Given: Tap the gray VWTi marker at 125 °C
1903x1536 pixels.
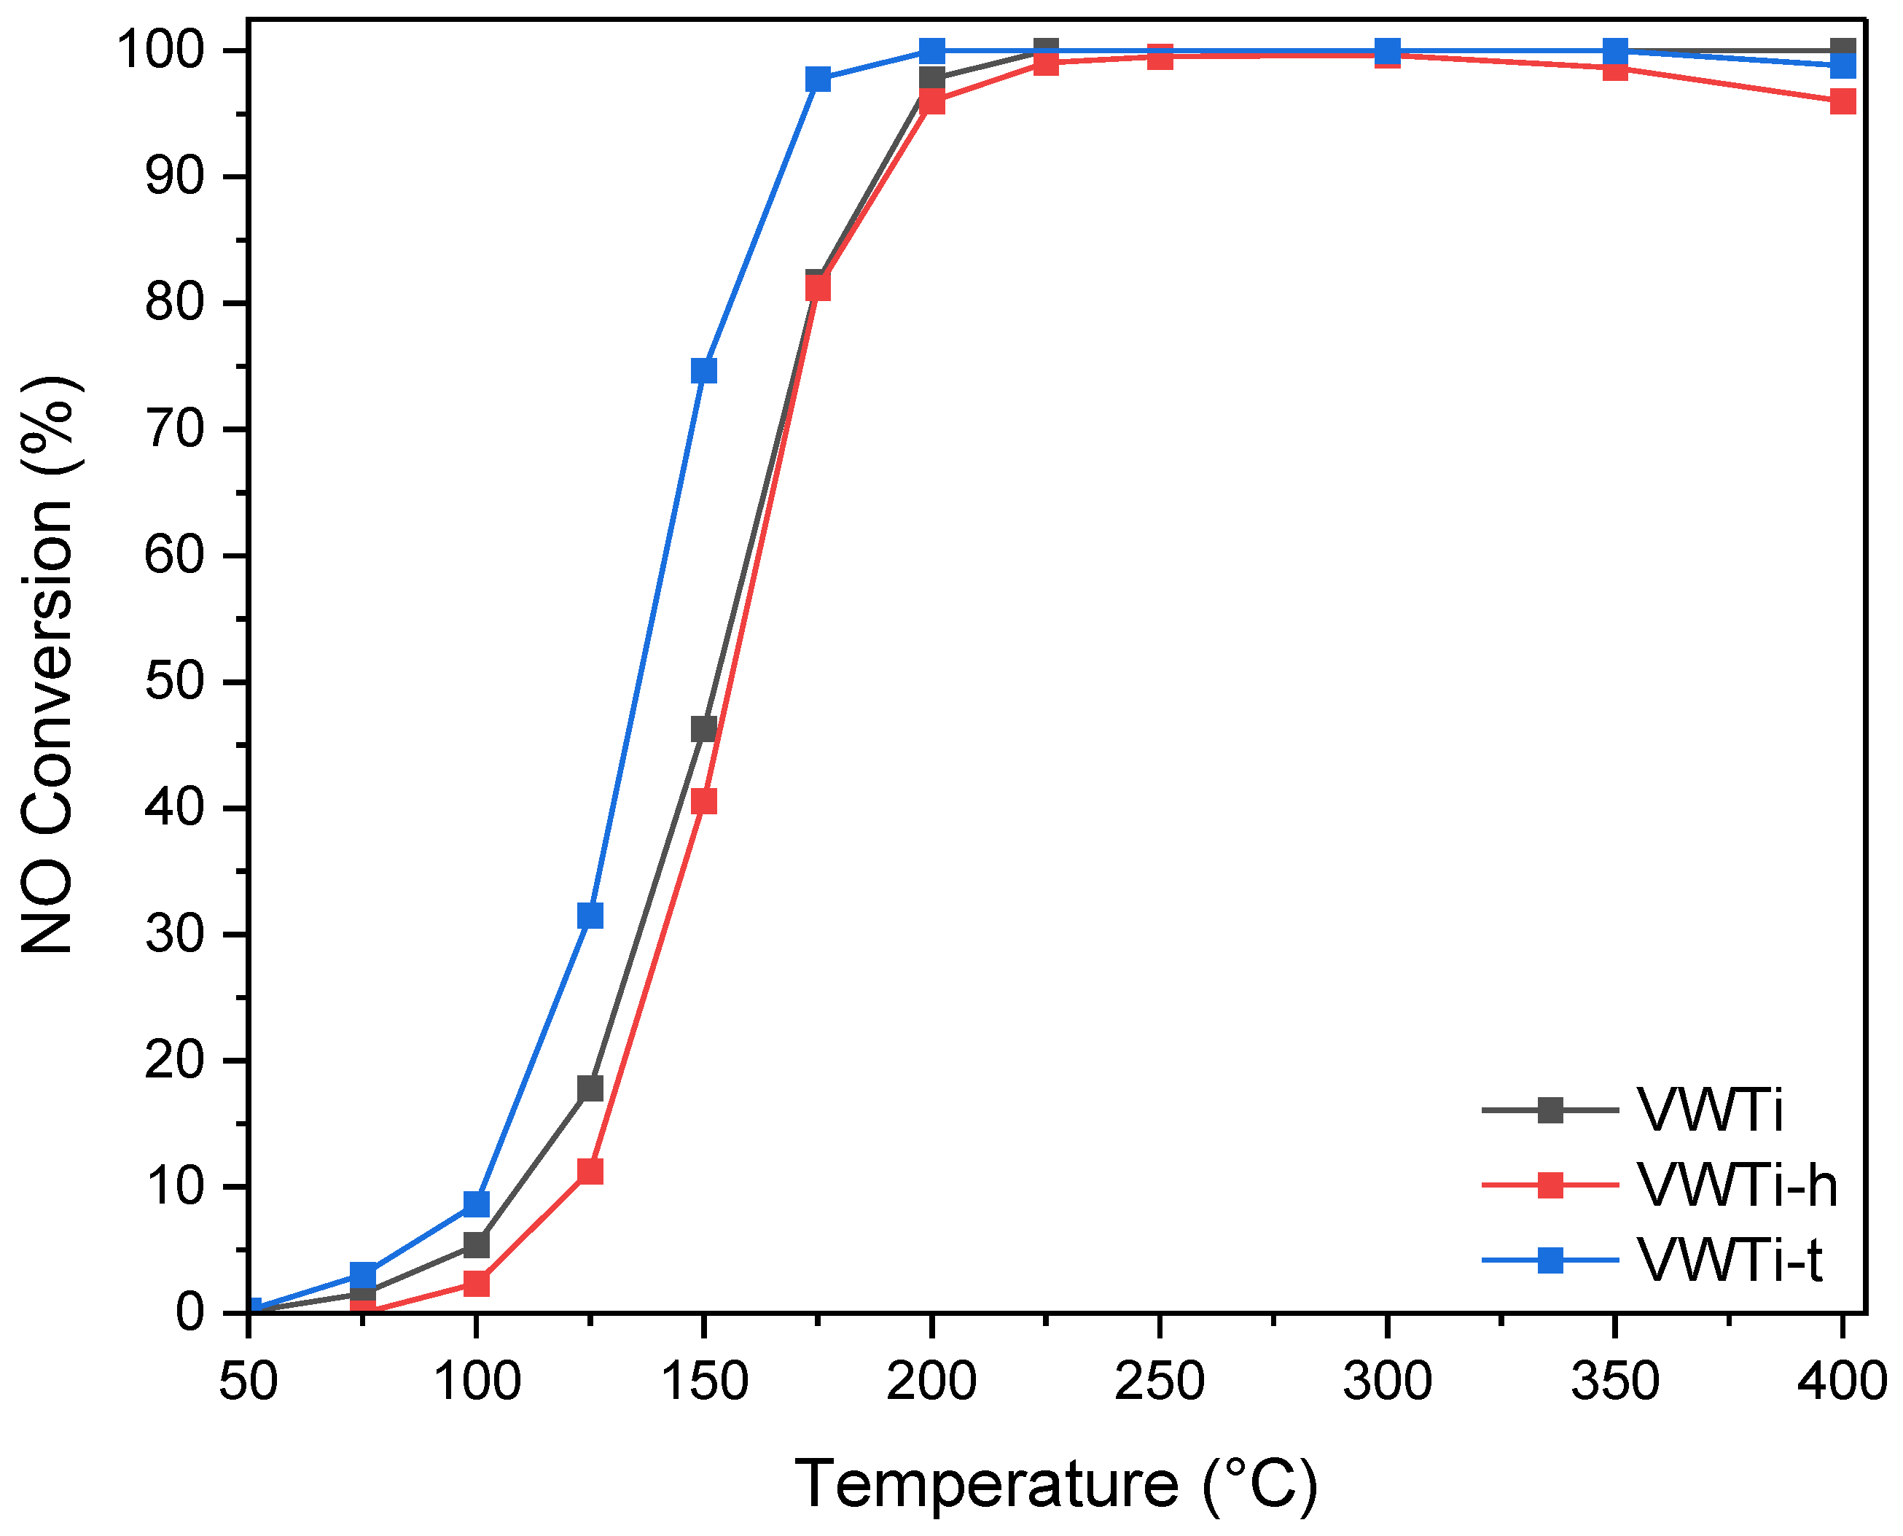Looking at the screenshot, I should (x=590, y=1088).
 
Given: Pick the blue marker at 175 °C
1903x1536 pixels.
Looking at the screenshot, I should (x=818, y=79).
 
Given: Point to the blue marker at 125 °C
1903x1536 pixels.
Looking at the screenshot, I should (x=590, y=915).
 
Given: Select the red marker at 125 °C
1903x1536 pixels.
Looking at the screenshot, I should (x=590, y=1172).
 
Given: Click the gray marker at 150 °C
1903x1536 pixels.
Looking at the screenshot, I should (x=703, y=729).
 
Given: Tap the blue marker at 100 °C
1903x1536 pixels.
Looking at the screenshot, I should (x=476, y=1204).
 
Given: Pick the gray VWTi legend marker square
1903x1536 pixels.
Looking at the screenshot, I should (x=1550, y=1110).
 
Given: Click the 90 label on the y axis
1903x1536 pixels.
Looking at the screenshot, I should (x=173, y=177).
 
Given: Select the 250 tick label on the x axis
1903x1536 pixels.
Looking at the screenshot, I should (x=1159, y=1381).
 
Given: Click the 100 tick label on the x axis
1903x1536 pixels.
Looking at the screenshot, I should (x=476, y=1381).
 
